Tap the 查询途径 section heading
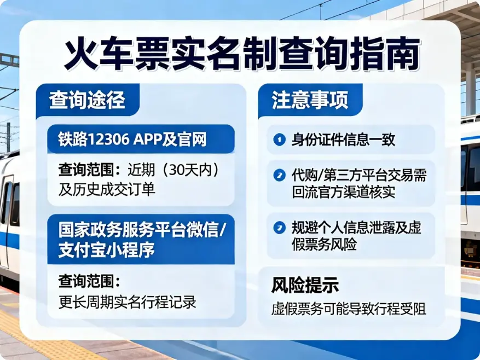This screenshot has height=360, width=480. [x=87, y=101]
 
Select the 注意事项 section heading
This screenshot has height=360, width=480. [x=310, y=101]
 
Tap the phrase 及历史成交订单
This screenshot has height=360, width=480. [x=107, y=189]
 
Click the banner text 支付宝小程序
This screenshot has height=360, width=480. [x=107, y=250]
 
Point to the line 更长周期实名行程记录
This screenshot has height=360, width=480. [x=128, y=302]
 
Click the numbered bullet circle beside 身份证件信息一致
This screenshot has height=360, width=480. [x=279, y=140]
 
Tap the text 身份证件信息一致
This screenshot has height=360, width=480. [x=343, y=140]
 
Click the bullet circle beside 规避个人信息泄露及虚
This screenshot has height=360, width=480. [x=279, y=227]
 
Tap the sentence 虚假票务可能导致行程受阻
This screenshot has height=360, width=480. [x=349, y=308]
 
